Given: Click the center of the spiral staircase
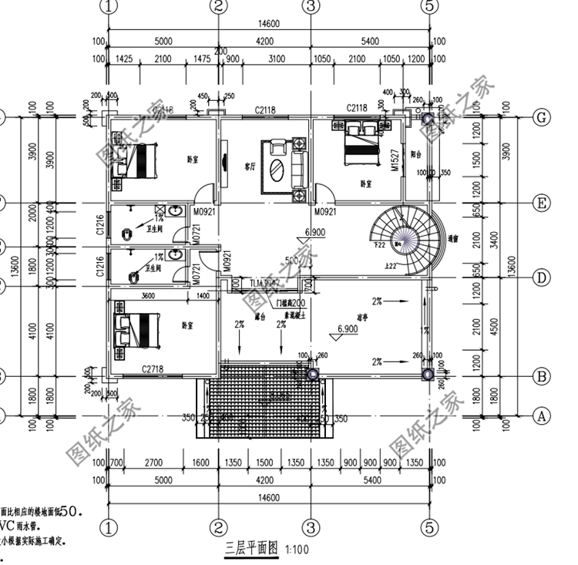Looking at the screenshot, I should point(402,240).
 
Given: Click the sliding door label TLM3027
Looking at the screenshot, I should point(264,284).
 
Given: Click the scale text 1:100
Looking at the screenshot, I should point(296,551).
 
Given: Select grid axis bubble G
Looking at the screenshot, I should point(542,117).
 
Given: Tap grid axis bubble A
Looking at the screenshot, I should point(542,415).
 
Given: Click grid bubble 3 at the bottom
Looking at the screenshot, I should point(310,528).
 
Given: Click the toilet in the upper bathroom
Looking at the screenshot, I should point(128,231).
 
